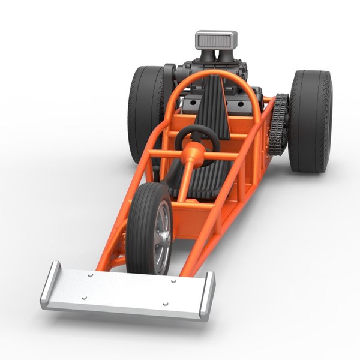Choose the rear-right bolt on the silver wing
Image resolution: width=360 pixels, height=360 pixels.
173,280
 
